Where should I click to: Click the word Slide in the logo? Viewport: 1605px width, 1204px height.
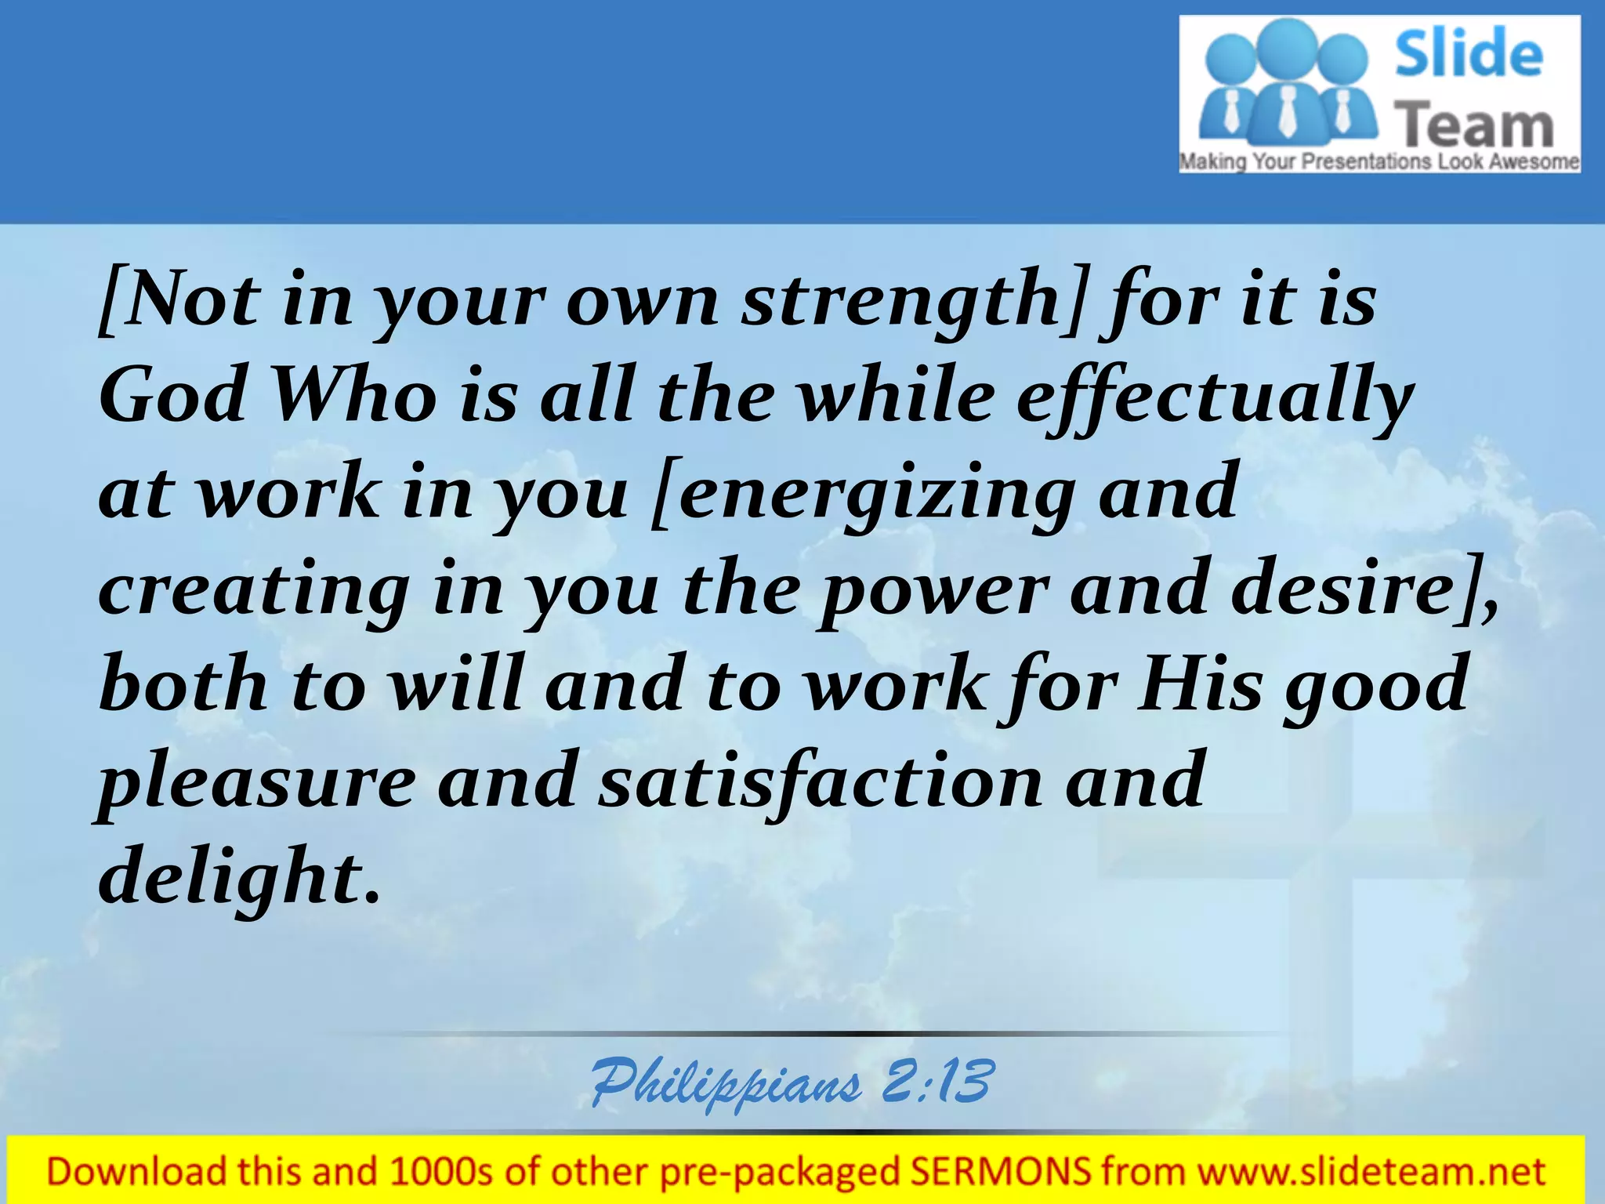[x=1469, y=53]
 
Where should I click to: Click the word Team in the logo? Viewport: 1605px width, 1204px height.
[x=1475, y=126]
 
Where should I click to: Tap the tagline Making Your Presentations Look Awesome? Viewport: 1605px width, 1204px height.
[x=1379, y=162]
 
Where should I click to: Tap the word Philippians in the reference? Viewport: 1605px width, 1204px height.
[x=725, y=1084]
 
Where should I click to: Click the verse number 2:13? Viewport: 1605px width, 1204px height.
[x=937, y=1082]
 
